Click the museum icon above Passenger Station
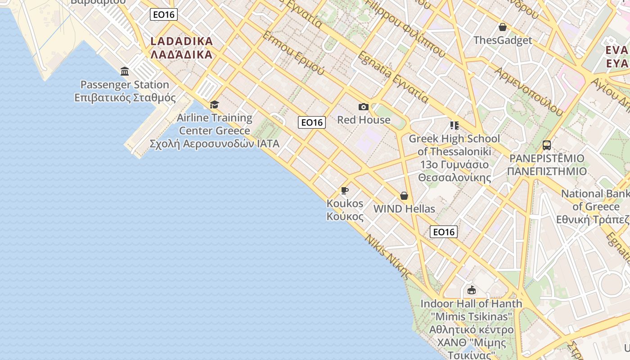point(125,71)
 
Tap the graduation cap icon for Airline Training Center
point(214,104)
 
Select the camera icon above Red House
point(364,107)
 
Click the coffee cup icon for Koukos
point(345,190)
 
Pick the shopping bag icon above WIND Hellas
point(404,196)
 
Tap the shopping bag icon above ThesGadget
point(503,27)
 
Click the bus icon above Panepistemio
point(547,145)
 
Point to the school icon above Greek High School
point(454,125)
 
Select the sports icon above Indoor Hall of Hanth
point(471,290)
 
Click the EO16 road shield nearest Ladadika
point(164,14)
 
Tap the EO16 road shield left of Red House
point(312,122)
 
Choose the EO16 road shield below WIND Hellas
point(444,232)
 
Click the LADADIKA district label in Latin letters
point(181,41)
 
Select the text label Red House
point(364,120)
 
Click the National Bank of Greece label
point(595,200)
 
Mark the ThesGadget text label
point(503,40)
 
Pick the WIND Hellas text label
point(404,209)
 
